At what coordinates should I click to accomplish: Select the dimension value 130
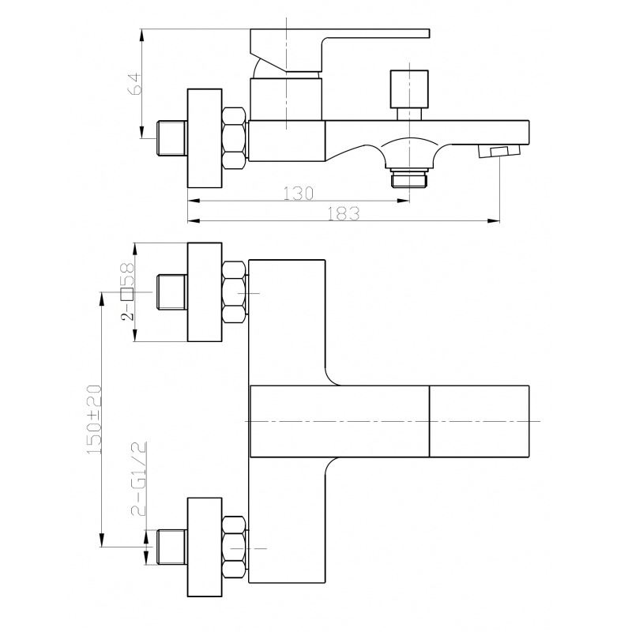click(x=299, y=194)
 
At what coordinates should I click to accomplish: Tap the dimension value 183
click(x=343, y=213)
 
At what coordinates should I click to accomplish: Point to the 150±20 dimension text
click(x=94, y=419)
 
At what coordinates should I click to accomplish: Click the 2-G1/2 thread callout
click(x=138, y=479)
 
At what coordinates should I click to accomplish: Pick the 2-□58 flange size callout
click(x=128, y=292)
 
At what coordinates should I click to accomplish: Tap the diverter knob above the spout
click(x=409, y=95)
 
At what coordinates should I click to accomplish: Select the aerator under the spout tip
click(x=499, y=152)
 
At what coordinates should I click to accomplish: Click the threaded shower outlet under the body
click(x=409, y=178)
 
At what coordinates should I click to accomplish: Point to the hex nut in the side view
click(x=234, y=137)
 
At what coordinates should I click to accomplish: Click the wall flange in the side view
click(x=205, y=138)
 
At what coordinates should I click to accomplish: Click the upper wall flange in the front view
click(x=205, y=292)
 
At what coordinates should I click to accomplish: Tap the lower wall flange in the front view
click(x=205, y=547)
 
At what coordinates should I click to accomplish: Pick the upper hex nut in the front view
click(x=234, y=292)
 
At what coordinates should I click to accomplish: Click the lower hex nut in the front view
click(x=234, y=547)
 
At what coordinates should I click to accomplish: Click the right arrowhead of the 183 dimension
click(x=494, y=221)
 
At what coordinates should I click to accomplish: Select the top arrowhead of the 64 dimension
click(x=142, y=35)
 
